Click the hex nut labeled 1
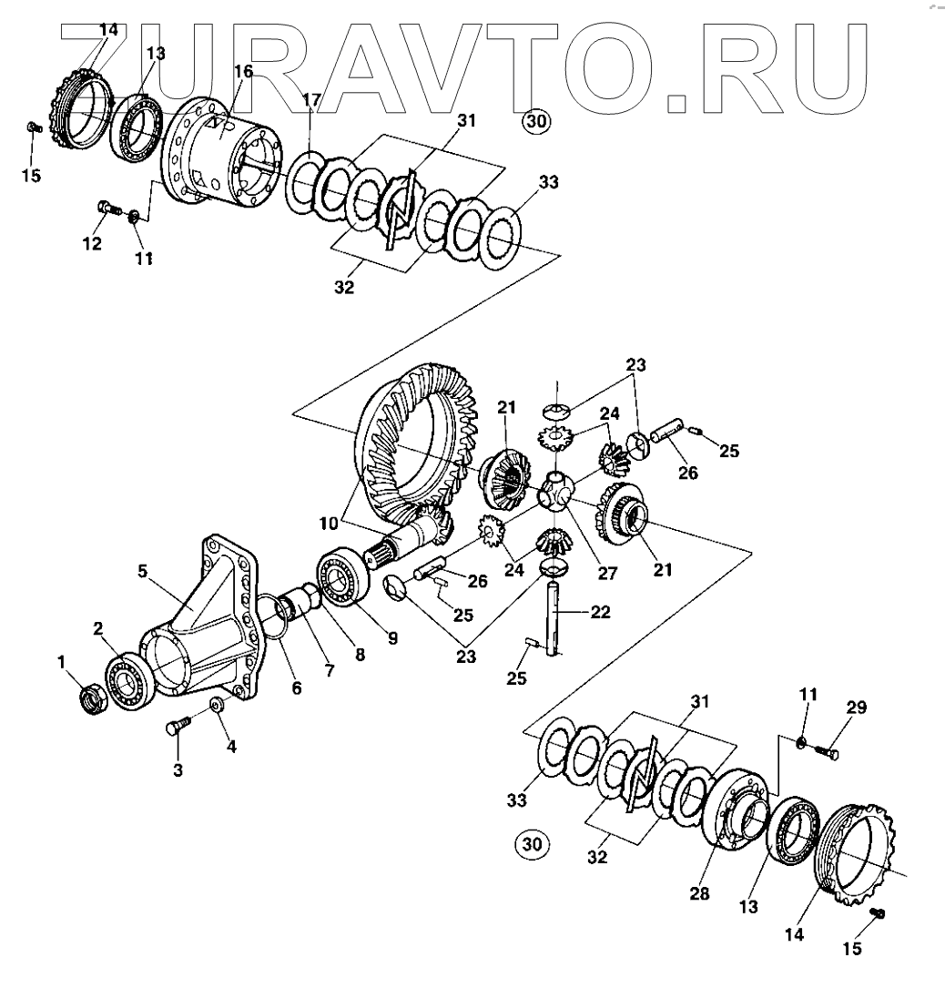[x=91, y=702]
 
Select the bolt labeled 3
[x=176, y=731]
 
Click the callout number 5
[x=142, y=573]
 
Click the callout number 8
[x=361, y=654]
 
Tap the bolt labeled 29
[x=825, y=753]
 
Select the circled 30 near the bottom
[x=533, y=844]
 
